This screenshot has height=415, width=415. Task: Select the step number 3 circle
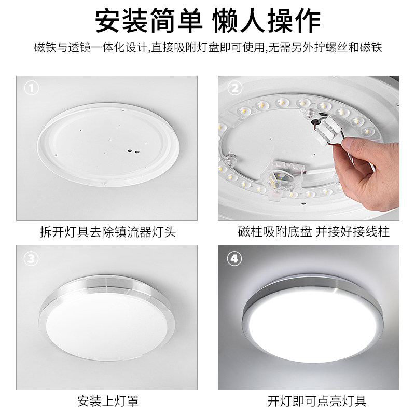(x=33, y=258)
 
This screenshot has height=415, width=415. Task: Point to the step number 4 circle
(x=235, y=258)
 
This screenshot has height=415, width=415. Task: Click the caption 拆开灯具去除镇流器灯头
(x=107, y=231)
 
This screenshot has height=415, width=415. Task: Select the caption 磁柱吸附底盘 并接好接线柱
(x=307, y=231)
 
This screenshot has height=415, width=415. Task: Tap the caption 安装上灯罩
(x=107, y=400)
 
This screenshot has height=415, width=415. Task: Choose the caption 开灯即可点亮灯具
(x=307, y=400)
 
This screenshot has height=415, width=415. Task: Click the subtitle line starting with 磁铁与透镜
(x=208, y=49)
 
